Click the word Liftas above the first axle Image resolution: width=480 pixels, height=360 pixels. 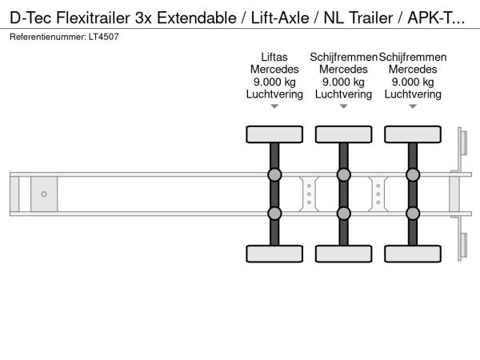[274, 57]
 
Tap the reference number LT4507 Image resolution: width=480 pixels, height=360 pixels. [104, 37]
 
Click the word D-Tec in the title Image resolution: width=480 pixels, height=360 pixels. [30, 18]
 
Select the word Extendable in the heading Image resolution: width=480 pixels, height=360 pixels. [197, 18]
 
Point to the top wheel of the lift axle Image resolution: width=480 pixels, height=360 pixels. [274, 134]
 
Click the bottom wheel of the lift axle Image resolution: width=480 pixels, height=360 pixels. [274, 254]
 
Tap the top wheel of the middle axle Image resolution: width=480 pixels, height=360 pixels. [344, 134]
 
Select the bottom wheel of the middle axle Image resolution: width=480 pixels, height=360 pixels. [344, 254]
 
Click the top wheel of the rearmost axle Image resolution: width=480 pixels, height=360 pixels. [413, 134]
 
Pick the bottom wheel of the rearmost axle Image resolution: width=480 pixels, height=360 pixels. [413, 254]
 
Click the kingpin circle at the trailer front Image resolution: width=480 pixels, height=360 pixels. [44, 194]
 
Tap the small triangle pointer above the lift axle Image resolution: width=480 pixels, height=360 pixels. [274, 106]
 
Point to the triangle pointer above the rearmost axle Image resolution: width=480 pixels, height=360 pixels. [413, 106]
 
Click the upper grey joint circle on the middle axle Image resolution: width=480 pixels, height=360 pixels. [344, 174]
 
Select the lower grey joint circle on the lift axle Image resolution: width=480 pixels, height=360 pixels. [274, 214]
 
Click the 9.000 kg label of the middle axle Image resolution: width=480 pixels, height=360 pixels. [343, 82]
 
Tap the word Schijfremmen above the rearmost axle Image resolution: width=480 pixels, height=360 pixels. [413, 57]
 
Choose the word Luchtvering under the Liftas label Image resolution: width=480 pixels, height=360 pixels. [274, 94]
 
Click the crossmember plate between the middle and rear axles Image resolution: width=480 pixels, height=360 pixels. [378, 194]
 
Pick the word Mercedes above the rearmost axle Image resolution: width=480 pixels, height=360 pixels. [413, 70]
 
